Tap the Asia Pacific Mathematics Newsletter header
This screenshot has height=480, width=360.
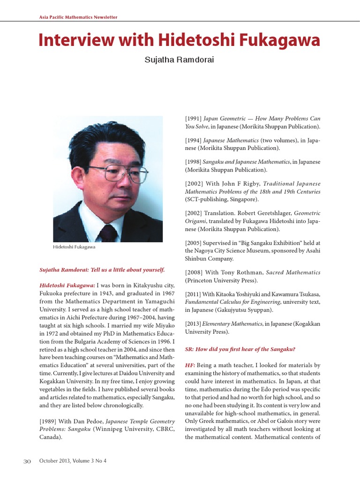[x=77, y=17]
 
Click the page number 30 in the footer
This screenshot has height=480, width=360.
[x=27, y=461]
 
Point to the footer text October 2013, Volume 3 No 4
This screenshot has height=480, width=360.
[x=73, y=461]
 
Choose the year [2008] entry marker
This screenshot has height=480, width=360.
[x=194, y=272]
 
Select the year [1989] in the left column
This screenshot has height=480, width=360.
[x=49, y=421]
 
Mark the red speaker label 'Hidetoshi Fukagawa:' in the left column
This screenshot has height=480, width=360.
[x=67, y=285]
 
